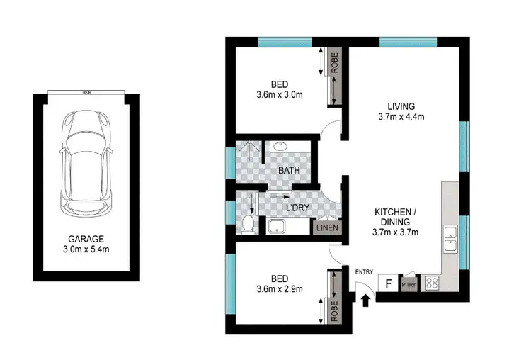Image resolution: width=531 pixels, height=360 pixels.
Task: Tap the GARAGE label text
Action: [85, 238]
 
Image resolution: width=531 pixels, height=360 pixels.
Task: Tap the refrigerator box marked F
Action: [387, 283]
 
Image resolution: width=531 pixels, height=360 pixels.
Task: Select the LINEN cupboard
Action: [327, 227]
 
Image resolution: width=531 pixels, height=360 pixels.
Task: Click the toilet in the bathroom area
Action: [248, 225]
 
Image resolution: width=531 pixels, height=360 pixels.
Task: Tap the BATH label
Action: [288, 171]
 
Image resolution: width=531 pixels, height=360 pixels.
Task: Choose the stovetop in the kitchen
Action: [433, 283]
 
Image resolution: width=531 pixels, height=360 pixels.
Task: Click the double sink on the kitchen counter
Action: [450, 239]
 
